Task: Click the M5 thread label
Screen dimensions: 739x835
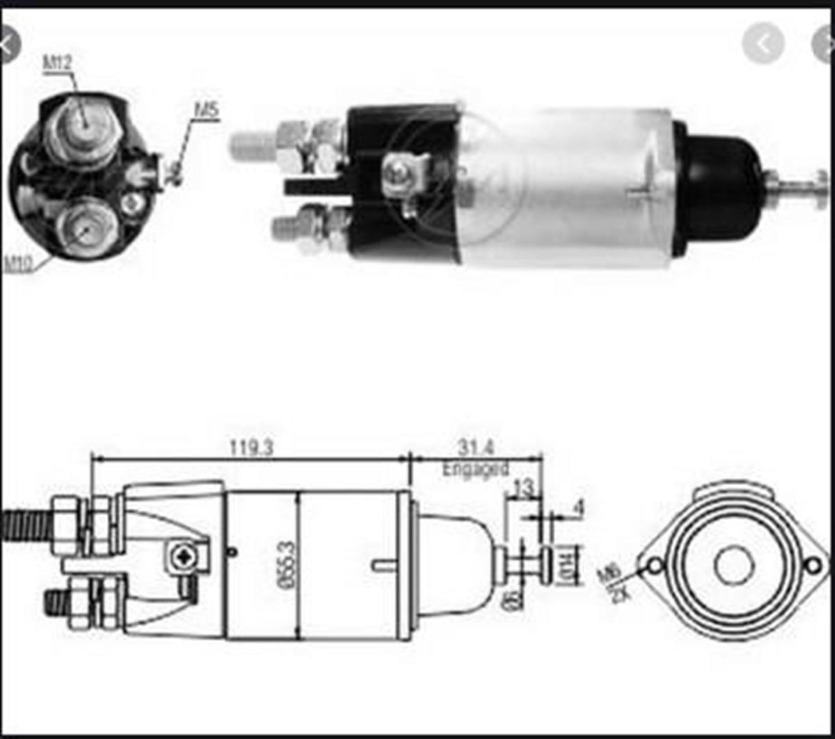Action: (x=206, y=109)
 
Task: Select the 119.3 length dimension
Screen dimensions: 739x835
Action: (x=252, y=448)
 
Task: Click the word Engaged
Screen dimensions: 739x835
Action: (x=476, y=469)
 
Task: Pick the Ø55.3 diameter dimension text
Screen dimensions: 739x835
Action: (x=286, y=565)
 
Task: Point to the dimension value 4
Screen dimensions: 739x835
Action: (x=577, y=509)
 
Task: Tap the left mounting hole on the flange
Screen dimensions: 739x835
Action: (x=654, y=567)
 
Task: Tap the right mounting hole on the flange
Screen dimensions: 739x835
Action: (x=812, y=565)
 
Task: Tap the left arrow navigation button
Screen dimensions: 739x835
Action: (x=763, y=44)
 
